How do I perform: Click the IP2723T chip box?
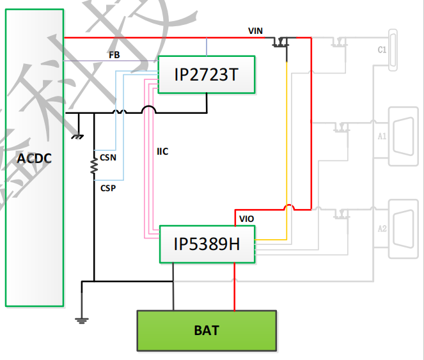coord(206,75)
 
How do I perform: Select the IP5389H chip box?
coord(207,244)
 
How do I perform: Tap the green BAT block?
coord(207,330)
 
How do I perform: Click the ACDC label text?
coord(34,158)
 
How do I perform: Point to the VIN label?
coord(255,31)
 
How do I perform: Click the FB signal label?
coord(114,55)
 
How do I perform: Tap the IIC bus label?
coord(163,152)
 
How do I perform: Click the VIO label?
coord(247,219)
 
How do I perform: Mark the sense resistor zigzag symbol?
coord(94,164)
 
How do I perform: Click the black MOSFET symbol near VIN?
coord(281,43)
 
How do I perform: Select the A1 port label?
coord(382,136)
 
